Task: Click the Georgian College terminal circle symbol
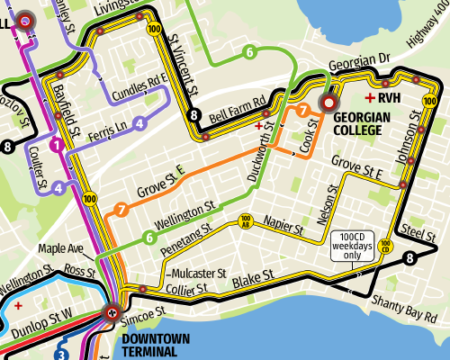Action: (x=328, y=103)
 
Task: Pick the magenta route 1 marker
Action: (x=56, y=144)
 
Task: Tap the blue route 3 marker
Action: (x=60, y=354)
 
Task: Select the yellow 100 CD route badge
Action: (x=385, y=244)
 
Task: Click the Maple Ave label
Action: (x=61, y=247)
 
